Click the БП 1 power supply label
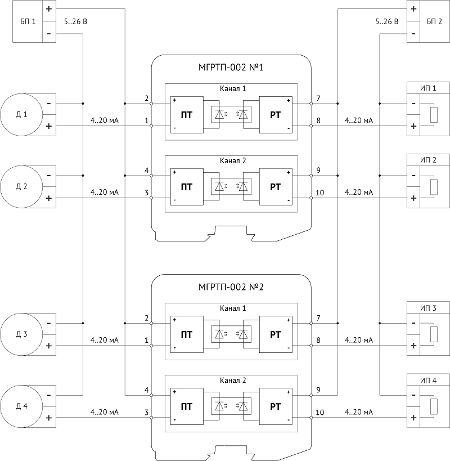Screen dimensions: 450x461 click(28, 21)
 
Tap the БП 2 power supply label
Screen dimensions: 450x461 click(434, 21)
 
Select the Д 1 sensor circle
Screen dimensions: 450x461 click(21, 115)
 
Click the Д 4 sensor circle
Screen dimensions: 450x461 click(21, 406)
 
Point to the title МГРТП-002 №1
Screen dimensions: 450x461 click(231, 68)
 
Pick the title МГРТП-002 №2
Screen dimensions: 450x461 click(231, 287)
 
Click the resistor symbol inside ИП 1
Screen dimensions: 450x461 click(434, 115)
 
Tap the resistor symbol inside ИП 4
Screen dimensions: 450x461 click(434, 406)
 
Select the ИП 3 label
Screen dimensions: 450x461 click(428, 308)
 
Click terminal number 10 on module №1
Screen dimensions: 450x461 click(319, 193)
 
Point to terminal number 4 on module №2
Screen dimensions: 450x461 click(147, 390)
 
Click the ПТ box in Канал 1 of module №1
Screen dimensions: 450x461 click(187, 115)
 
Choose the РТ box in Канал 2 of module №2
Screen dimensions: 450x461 click(276, 406)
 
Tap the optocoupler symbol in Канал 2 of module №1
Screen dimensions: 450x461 click(231, 187)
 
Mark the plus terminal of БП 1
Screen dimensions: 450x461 click(49, 9)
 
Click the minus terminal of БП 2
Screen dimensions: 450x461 click(413, 34)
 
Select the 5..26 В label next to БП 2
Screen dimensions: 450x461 click(387, 21)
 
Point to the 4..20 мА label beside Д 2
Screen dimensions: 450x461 click(105, 193)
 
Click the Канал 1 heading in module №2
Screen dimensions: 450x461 click(233, 308)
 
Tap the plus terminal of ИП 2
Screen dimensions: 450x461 click(413, 198)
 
